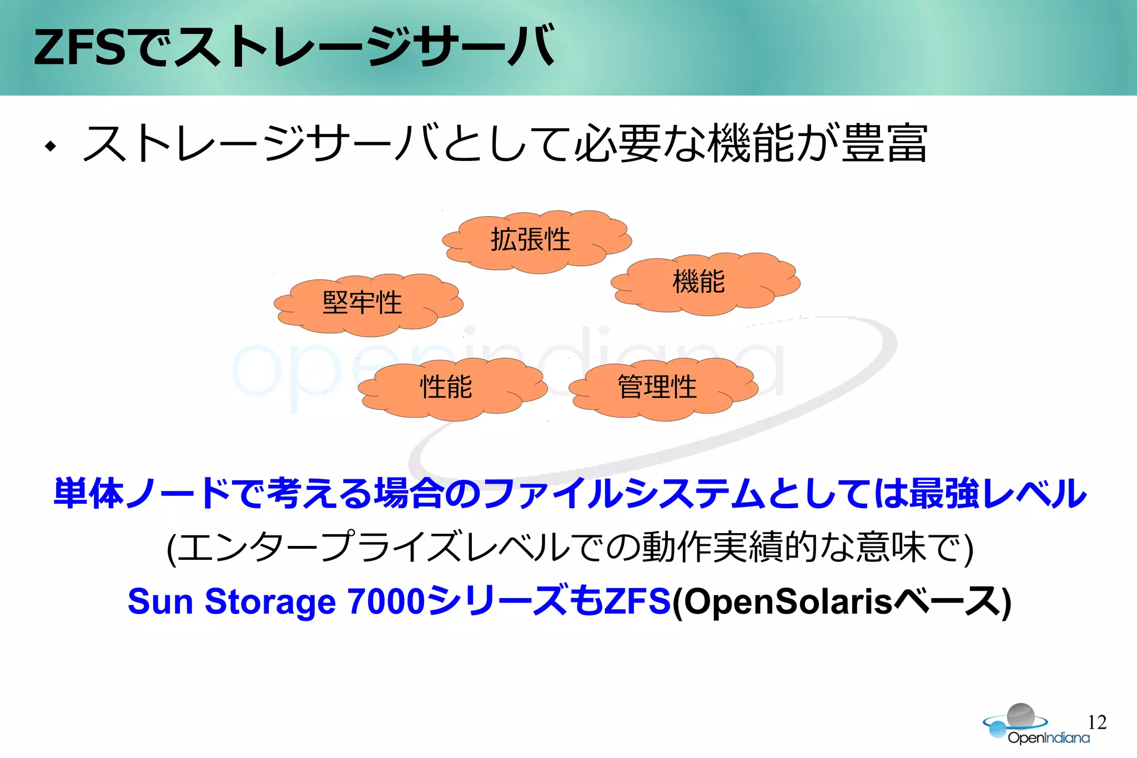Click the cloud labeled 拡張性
[536, 241]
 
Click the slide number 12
[1096, 722]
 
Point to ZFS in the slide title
[79, 48]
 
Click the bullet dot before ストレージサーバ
[52, 147]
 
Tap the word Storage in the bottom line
[270, 601]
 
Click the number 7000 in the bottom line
[386, 601]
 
